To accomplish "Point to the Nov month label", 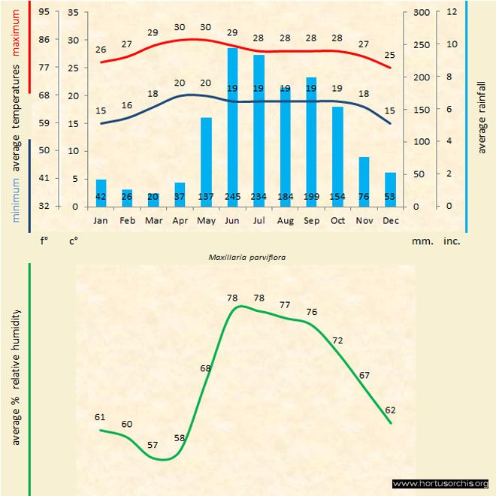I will tap(364, 221).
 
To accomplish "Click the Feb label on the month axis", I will tap(127, 221).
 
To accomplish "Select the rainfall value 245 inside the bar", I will tap(232, 197).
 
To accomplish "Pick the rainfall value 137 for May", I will tap(206, 197).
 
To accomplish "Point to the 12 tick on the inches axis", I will tap(452, 12).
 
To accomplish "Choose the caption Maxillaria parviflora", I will tap(248, 256).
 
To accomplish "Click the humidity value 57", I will tap(153, 445).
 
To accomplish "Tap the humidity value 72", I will tap(337, 340).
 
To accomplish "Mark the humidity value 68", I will tap(206, 368).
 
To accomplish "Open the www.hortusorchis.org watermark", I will tap(440, 483).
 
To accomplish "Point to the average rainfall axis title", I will tap(482, 116).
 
